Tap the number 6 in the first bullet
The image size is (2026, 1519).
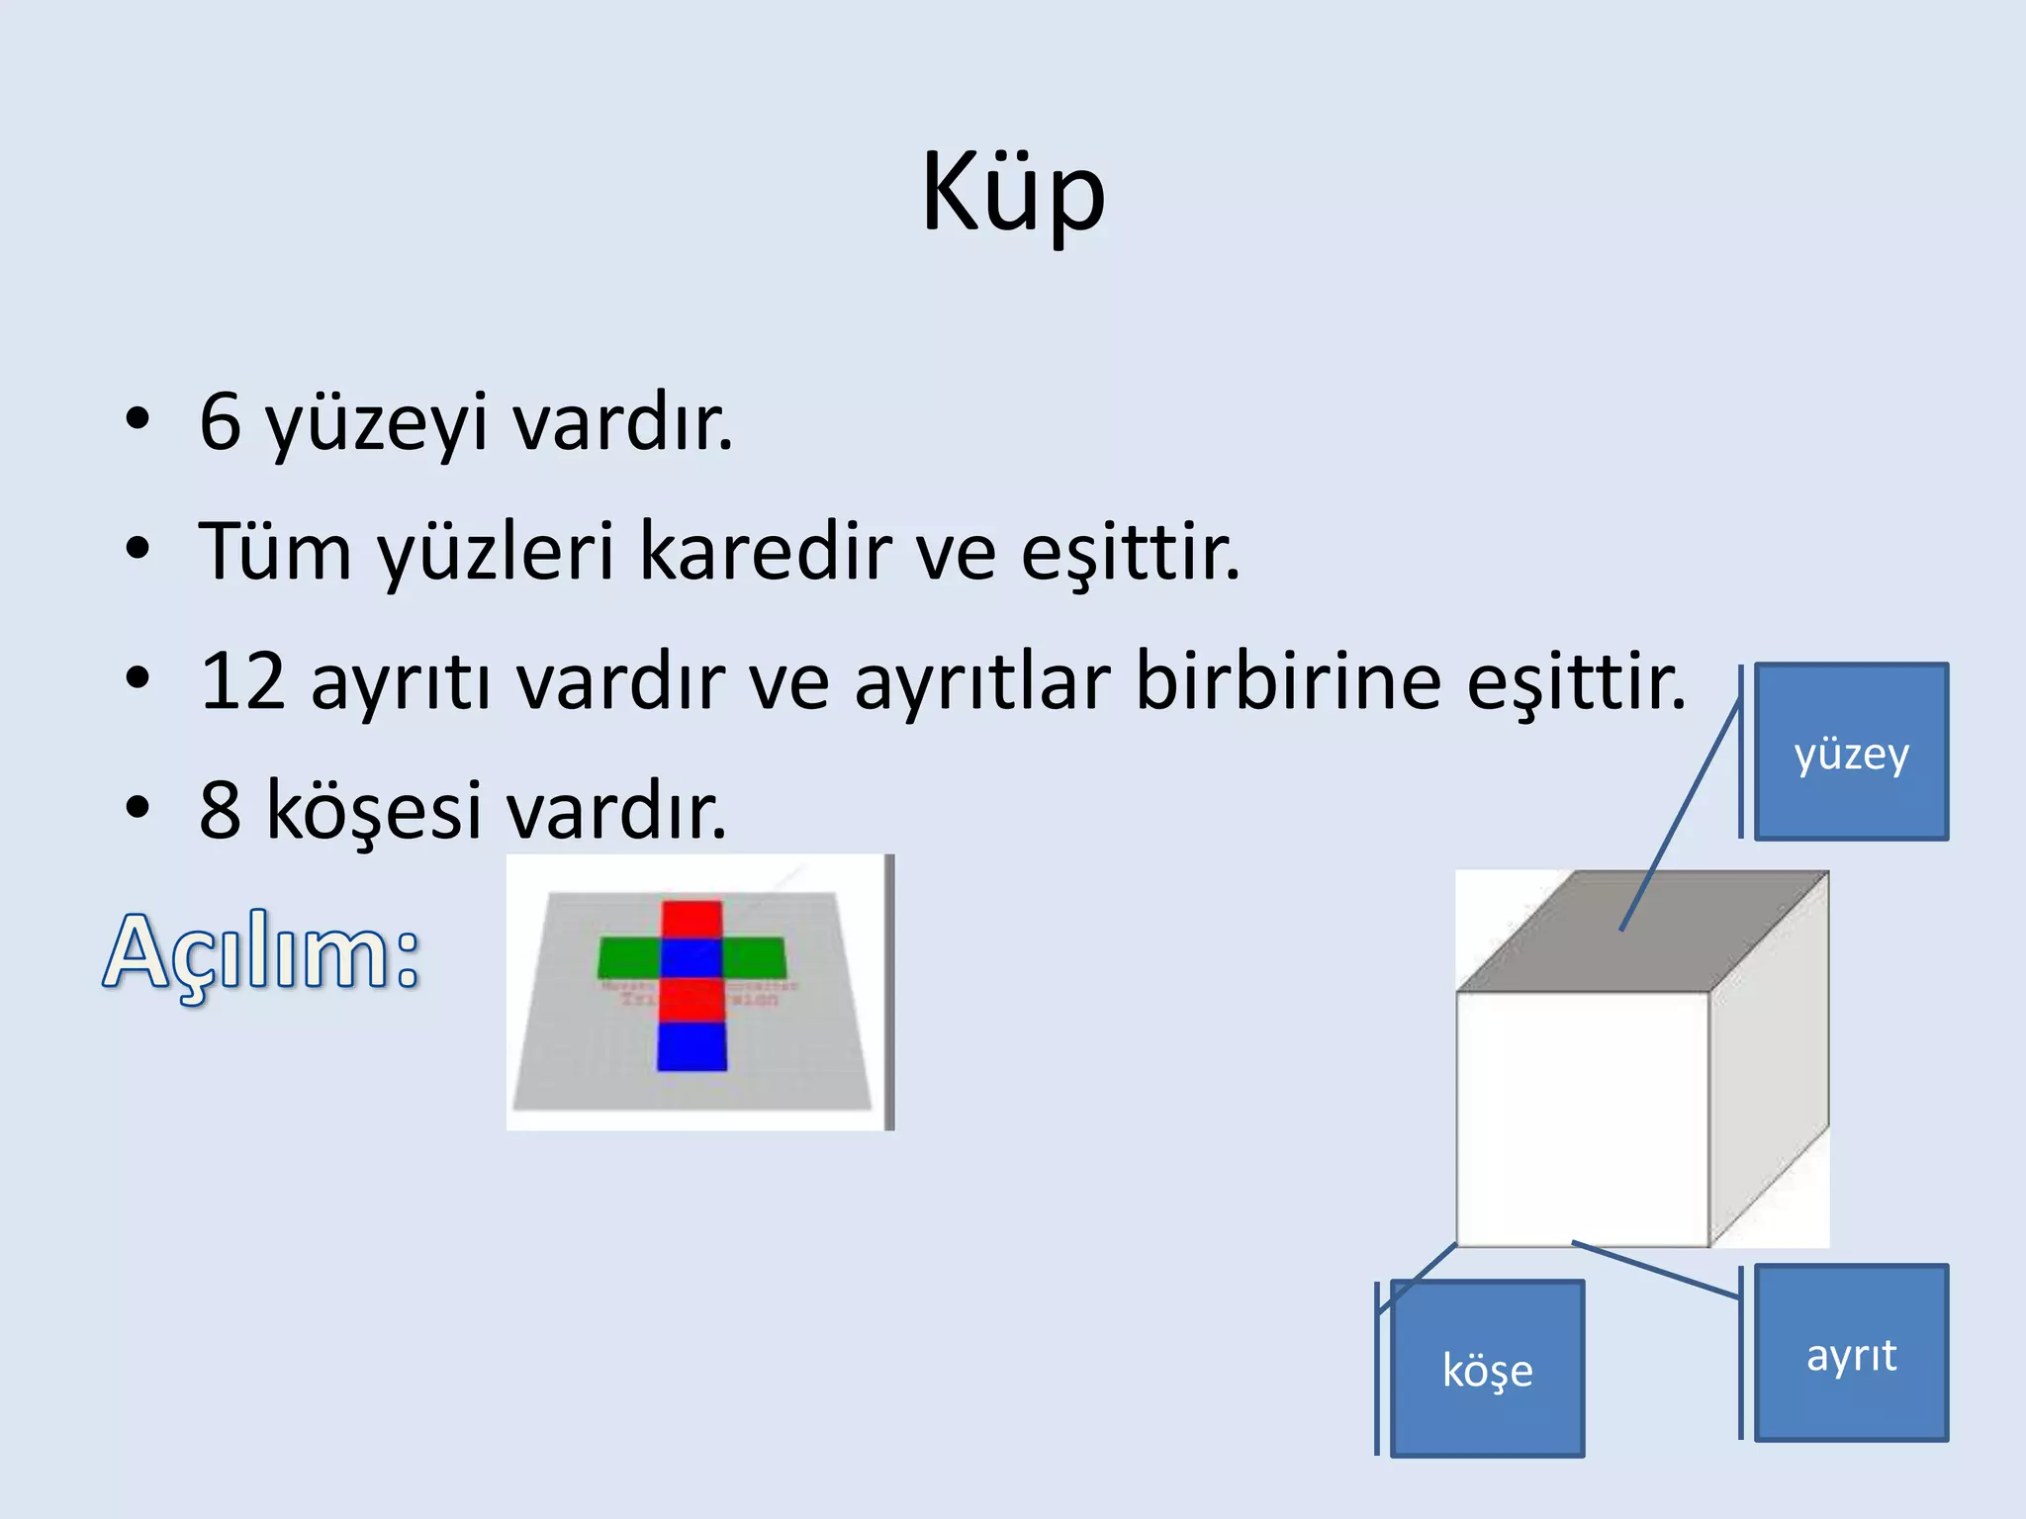221,422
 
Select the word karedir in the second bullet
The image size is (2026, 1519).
766,552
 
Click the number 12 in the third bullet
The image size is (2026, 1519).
242,681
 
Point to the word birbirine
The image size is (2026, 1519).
1287,681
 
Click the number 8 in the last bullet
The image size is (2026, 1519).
220,810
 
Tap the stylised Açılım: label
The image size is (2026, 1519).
262,951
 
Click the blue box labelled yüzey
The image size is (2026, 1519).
1851,753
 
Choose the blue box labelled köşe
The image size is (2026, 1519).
1487,1369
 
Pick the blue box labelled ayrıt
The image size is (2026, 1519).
1851,1353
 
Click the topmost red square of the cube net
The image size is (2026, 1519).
691,920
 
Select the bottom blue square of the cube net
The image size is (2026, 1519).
691,1047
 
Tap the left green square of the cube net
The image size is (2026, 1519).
629,957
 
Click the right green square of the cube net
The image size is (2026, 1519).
754,957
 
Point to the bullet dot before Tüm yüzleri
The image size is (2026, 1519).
138,549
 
